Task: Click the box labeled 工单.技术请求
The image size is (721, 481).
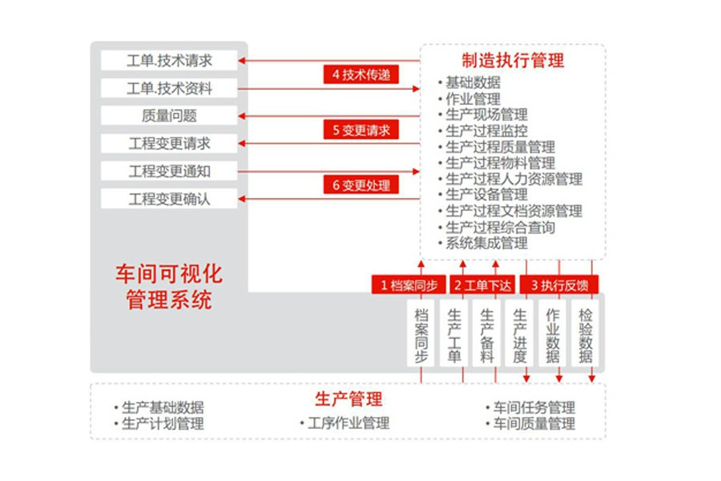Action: tap(169, 60)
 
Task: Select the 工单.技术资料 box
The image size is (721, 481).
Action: tap(169, 88)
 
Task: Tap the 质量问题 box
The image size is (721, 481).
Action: tap(169, 115)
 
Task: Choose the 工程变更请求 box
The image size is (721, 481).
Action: tap(169, 143)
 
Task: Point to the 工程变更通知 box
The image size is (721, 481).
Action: tap(169, 172)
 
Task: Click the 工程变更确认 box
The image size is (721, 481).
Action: tap(169, 199)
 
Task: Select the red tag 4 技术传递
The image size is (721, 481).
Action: tap(361, 74)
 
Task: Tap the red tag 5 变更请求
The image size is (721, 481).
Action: tap(361, 130)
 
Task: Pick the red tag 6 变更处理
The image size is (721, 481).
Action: tap(361, 185)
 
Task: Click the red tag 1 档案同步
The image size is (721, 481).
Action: tap(409, 285)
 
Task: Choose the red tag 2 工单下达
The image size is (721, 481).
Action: tap(482, 285)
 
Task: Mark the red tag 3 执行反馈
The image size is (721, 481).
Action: tap(559, 285)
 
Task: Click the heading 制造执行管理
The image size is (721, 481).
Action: tap(513, 60)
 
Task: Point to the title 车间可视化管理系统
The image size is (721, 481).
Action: tap(169, 287)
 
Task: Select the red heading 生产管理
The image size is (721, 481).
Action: tap(348, 398)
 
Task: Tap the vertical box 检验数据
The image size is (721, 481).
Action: tap(585, 333)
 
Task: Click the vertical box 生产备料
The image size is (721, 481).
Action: tap(486, 333)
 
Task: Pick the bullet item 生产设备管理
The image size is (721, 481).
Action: tap(483, 194)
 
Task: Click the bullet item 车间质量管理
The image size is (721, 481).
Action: tap(530, 423)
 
